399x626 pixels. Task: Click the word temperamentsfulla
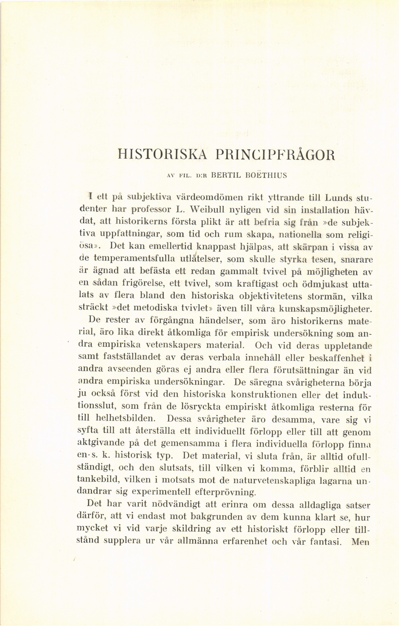134,259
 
